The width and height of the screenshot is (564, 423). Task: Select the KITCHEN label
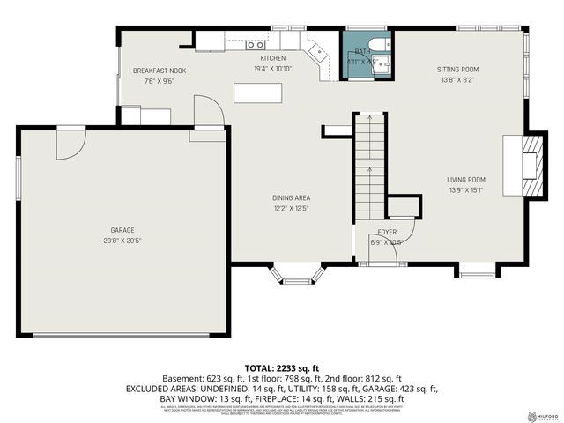click(x=272, y=58)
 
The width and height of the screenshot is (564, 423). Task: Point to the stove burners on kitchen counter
click(x=255, y=42)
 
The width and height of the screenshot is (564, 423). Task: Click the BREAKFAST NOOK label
click(x=160, y=70)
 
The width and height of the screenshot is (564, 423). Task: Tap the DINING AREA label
click(x=292, y=197)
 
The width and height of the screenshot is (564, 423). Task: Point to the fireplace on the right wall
click(x=530, y=165)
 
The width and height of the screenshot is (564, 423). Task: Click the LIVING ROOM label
click(x=466, y=179)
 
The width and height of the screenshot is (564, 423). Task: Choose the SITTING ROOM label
click(x=457, y=69)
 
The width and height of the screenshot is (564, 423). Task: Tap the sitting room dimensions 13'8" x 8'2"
click(x=457, y=79)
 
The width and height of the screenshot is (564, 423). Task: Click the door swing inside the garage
click(x=70, y=145)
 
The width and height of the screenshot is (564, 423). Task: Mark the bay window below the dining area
click(x=296, y=277)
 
